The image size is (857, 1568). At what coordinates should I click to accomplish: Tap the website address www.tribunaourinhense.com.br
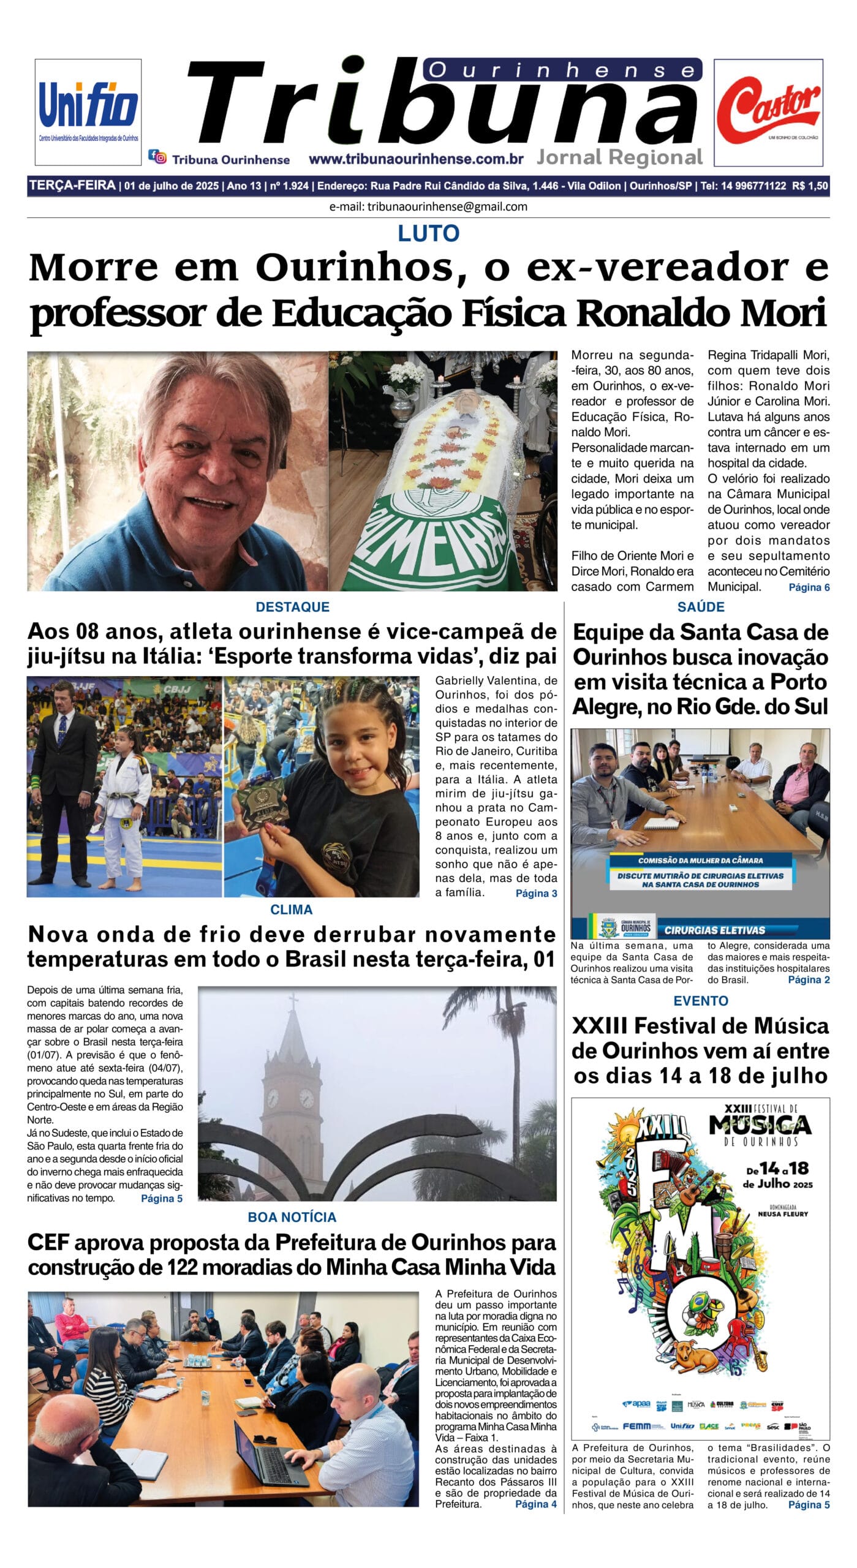[416, 159]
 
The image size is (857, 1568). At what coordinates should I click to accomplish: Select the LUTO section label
[428, 233]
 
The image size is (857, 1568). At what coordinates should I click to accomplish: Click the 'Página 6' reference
[809, 587]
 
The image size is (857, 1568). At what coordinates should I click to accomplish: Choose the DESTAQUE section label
[292, 607]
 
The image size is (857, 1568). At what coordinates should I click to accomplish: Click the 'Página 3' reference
[536, 894]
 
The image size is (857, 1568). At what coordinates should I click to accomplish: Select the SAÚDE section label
[700, 607]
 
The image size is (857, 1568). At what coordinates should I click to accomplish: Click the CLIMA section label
[291, 910]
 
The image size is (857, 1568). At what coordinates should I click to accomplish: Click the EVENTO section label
[700, 1001]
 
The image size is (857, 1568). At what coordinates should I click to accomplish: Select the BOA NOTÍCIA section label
[292, 1217]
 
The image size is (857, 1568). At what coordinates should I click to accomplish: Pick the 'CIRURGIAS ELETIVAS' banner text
[714, 930]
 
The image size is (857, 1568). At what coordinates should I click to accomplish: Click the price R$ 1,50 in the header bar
[809, 186]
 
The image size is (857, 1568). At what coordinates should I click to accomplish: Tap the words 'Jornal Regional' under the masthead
[619, 157]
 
